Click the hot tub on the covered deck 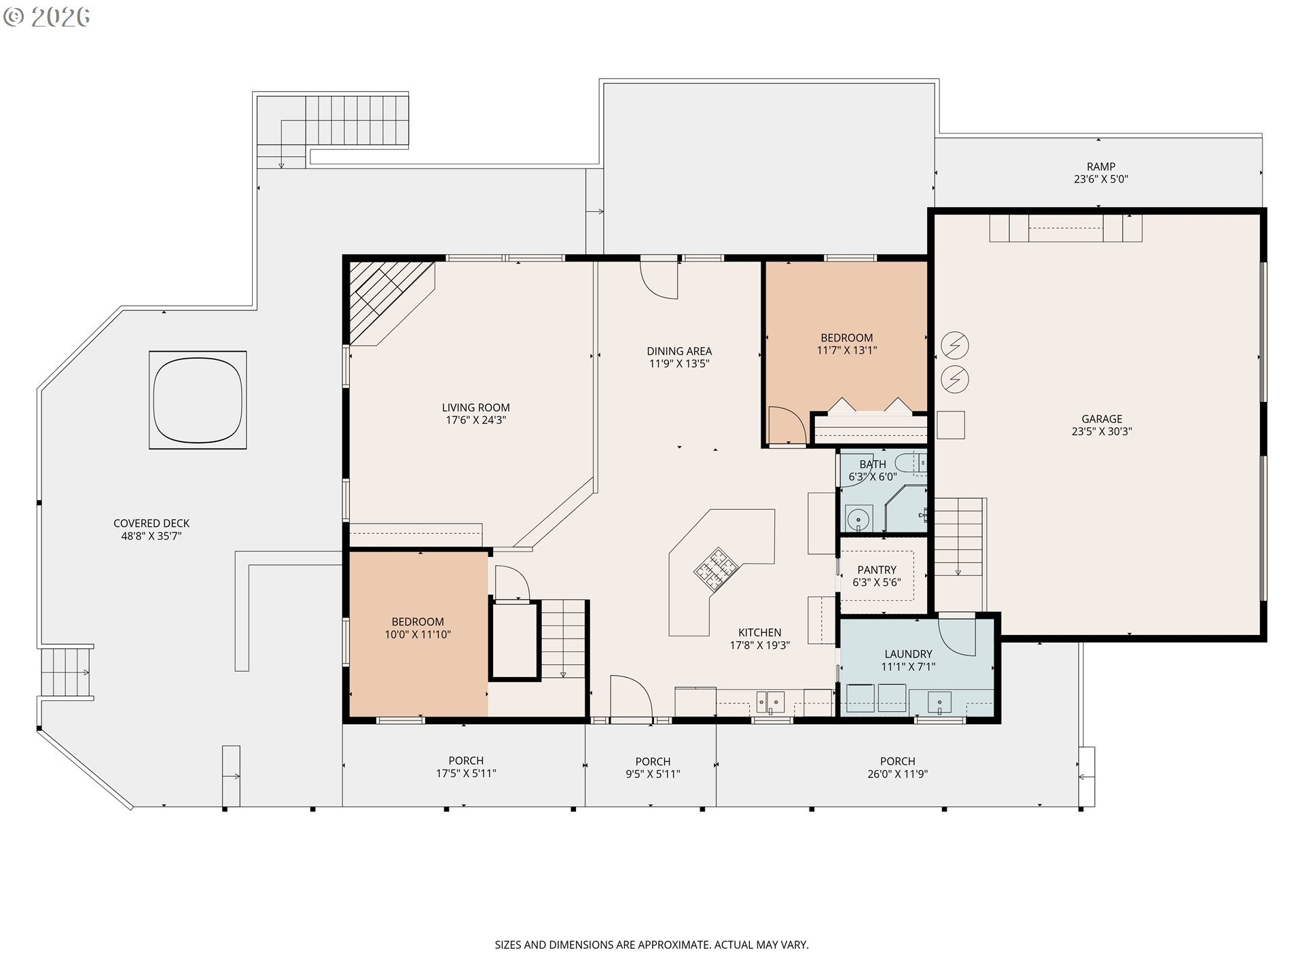(198, 400)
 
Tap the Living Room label (475, 407)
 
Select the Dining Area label (679, 351)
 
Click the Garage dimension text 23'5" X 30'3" (1102, 431)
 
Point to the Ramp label (1101, 166)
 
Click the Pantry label (877, 570)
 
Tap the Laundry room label (908, 654)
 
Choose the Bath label (873, 465)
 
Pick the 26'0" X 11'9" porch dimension (897, 774)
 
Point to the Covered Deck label (151, 524)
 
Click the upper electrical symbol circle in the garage (955, 346)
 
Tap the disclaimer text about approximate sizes (651, 945)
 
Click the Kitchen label (760, 632)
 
